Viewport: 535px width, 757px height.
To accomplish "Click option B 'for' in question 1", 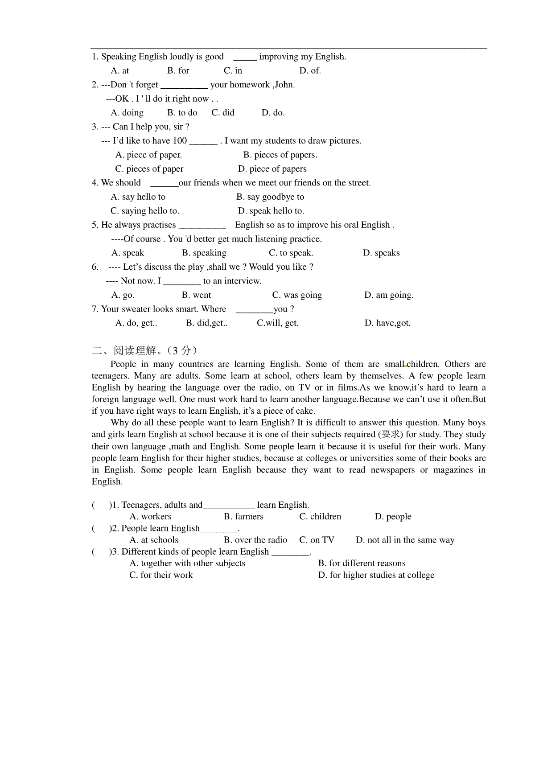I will click(x=178, y=70).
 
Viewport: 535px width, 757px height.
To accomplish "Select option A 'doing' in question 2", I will click(x=127, y=113).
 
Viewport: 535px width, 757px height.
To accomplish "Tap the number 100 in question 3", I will click(x=180, y=141).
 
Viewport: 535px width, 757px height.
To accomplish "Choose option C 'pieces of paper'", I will click(x=149, y=169).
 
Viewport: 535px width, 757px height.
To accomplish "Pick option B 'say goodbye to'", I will click(x=270, y=197).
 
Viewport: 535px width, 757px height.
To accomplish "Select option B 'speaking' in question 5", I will click(x=204, y=253).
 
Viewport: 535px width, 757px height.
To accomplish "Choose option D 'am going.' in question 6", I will click(x=389, y=295).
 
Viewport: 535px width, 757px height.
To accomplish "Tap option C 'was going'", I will click(x=297, y=295).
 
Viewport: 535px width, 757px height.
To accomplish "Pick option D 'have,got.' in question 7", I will click(x=387, y=323).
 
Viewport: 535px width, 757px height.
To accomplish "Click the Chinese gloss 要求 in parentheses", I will click(x=390, y=434).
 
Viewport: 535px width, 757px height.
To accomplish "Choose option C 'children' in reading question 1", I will click(x=320, y=517).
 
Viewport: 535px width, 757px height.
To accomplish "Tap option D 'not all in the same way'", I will click(x=405, y=540).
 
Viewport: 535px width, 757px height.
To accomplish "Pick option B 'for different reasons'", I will click(x=362, y=564).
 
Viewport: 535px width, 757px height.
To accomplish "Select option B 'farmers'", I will click(x=243, y=517).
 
